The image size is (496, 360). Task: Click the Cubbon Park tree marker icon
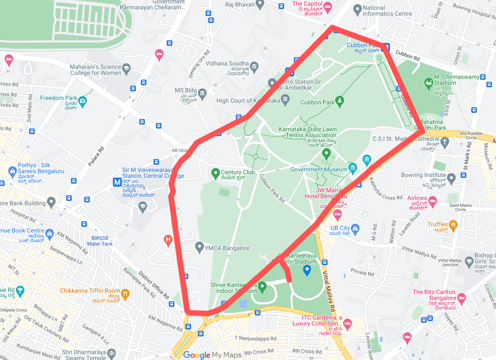click(339, 101)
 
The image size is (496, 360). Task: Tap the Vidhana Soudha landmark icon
click(254, 66)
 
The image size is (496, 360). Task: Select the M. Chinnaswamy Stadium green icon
click(428, 82)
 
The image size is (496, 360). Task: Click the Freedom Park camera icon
click(83, 101)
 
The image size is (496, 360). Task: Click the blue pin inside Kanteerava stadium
click(307, 270)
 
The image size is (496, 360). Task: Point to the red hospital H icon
click(168, 241)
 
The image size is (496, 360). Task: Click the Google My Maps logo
click(212, 355)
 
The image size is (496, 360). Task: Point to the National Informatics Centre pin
click(358, 9)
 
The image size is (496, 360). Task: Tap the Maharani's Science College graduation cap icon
click(126, 68)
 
